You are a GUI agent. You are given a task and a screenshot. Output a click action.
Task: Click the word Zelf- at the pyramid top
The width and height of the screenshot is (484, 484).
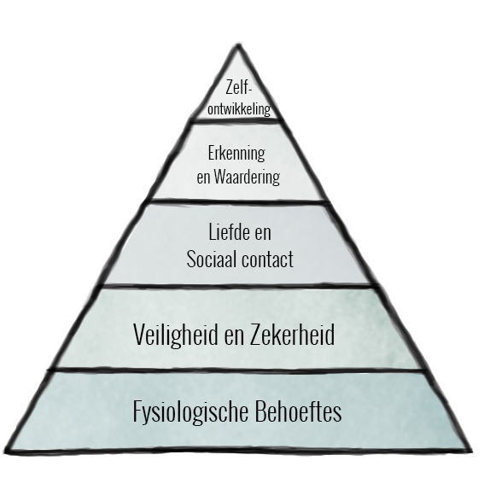[239, 87]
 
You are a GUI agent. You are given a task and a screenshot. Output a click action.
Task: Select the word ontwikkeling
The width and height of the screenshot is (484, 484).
[239, 109]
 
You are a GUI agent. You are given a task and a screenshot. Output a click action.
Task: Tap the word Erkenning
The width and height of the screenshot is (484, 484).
[236, 153]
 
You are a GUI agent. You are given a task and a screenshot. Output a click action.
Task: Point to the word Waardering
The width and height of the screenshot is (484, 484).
[247, 177]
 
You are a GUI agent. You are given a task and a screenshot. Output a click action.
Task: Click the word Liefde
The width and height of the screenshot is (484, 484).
[229, 232]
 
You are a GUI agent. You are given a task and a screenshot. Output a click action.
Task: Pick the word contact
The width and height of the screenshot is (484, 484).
[268, 259]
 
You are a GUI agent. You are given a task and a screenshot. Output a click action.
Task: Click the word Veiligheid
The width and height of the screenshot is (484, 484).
[176, 335]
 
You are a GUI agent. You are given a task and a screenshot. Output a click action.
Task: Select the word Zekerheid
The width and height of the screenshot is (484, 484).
[292, 335]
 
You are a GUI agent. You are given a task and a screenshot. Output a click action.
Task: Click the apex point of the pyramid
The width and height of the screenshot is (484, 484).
[239, 45]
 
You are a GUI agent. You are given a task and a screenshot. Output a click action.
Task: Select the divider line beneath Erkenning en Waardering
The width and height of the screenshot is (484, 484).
[239, 201]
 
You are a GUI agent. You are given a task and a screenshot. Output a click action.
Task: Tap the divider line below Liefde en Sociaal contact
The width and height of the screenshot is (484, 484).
[239, 285]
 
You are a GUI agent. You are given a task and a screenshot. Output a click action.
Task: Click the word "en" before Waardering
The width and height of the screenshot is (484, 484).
[203, 178]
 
